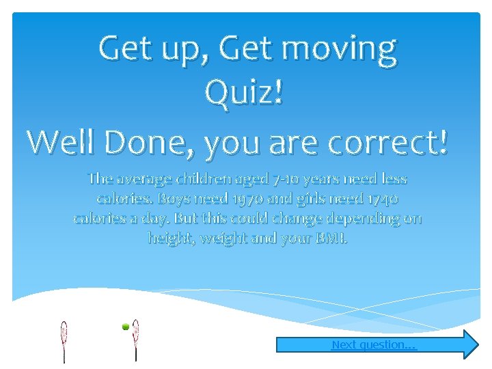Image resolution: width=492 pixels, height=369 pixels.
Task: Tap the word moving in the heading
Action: click(339, 49)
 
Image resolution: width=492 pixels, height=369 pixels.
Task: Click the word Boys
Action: click(174, 200)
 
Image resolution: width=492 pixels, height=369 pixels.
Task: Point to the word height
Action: click(167, 239)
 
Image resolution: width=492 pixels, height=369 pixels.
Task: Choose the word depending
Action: click(367, 219)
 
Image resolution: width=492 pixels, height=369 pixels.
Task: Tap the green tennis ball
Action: click(126, 327)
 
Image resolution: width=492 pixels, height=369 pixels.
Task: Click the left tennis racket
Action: click(64, 335)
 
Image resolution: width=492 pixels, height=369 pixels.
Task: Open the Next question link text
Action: click(373, 345)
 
